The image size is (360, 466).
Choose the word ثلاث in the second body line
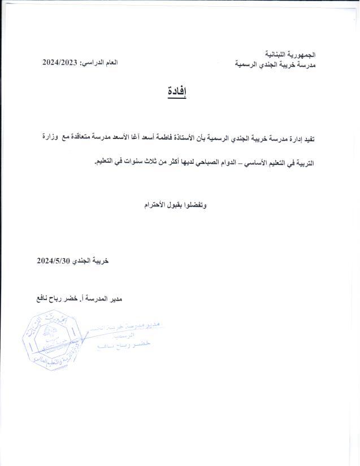click(x=145, y=163)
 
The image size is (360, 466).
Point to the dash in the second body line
click(x=242, y=163)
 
